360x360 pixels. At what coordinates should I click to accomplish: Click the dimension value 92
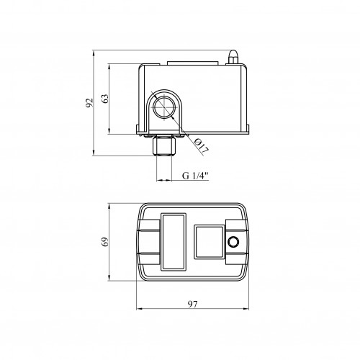pyautogui.click(x=89, y=102)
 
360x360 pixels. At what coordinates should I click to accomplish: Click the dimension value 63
pyautogui.click(x=105, y=99)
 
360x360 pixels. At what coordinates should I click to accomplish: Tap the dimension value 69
pyautogui.click(x=105, y=242)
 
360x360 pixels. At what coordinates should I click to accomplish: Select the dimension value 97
pyautogui.click(x=193, y=305)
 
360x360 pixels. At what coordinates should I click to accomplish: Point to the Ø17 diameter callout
pyautogui.click(x=202, y=145)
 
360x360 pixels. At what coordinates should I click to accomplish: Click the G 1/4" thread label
pyautogui.click(x=195, y=176)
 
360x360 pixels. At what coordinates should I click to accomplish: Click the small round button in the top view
pyautogui.click(x=233, y=242)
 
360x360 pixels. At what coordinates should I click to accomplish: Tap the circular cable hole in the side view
pyautogui.click(x=164, y=106)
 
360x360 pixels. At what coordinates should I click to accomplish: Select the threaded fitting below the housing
pyautogui.click(x=164, y=146)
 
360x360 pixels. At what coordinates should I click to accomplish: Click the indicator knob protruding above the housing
pyautogui.click(x=233, y=57)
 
